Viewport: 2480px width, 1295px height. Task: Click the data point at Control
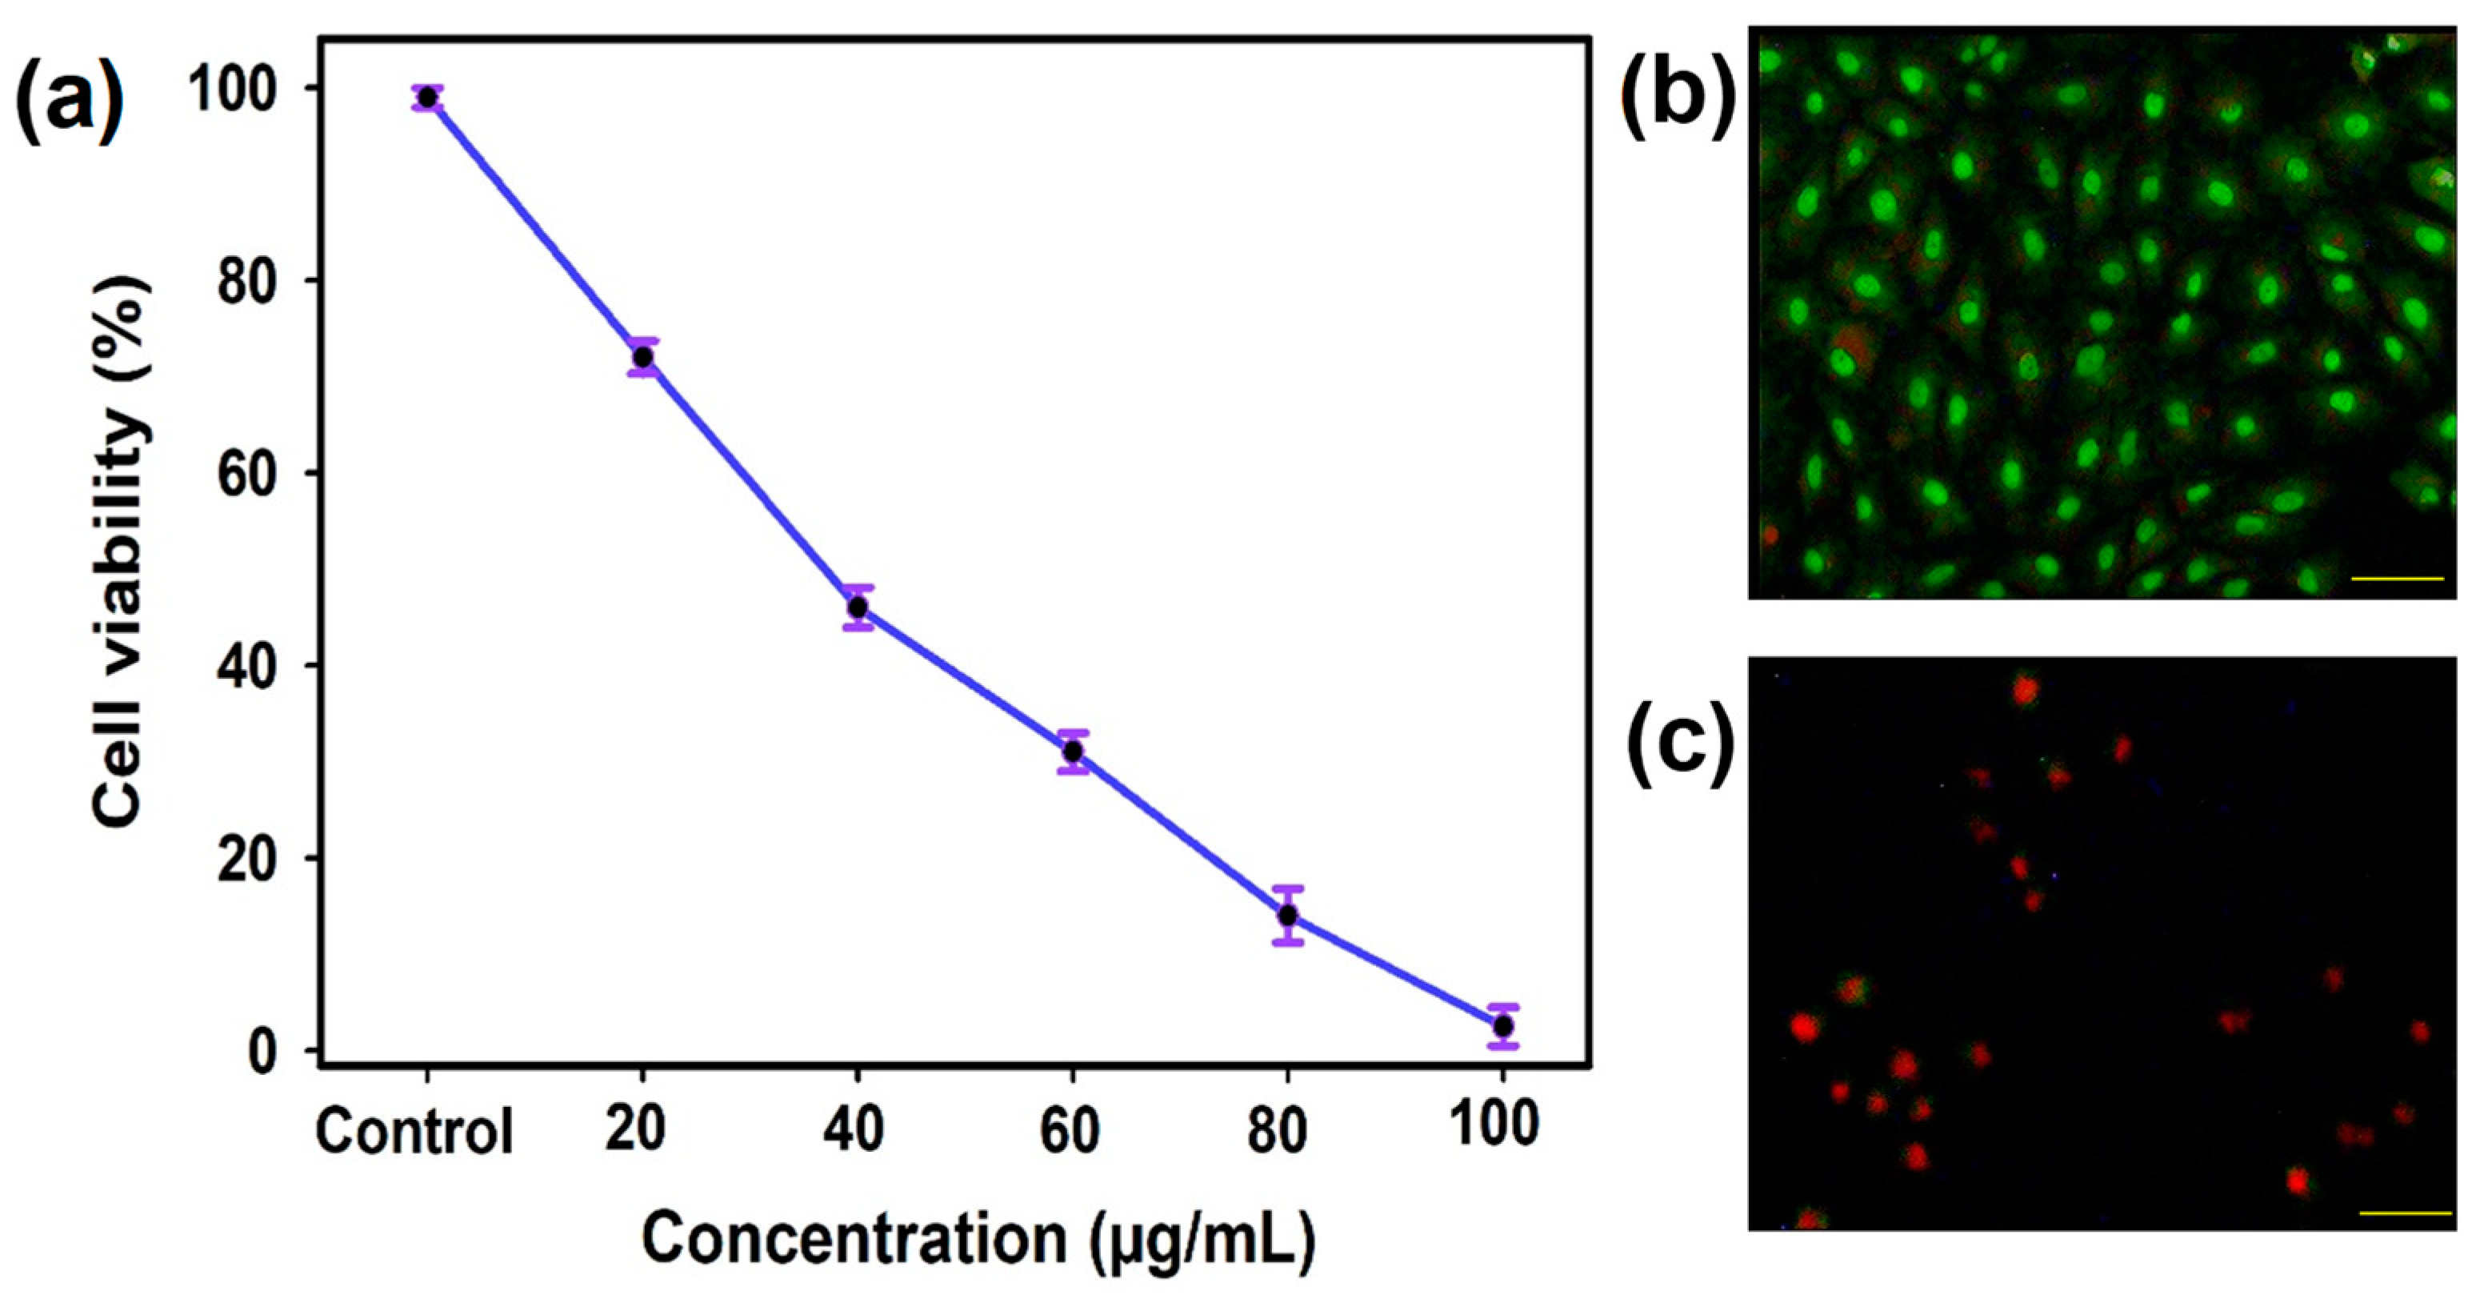tap(426, 98)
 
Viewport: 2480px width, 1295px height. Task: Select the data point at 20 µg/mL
tap(642, 357)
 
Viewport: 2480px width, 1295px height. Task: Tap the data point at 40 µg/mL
tap(857, 607)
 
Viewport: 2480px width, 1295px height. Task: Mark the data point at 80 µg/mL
tap(1287, 916)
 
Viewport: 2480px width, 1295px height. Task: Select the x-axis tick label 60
tap(1070, 1129)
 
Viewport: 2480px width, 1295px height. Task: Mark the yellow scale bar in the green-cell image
tap(2398, 579)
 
